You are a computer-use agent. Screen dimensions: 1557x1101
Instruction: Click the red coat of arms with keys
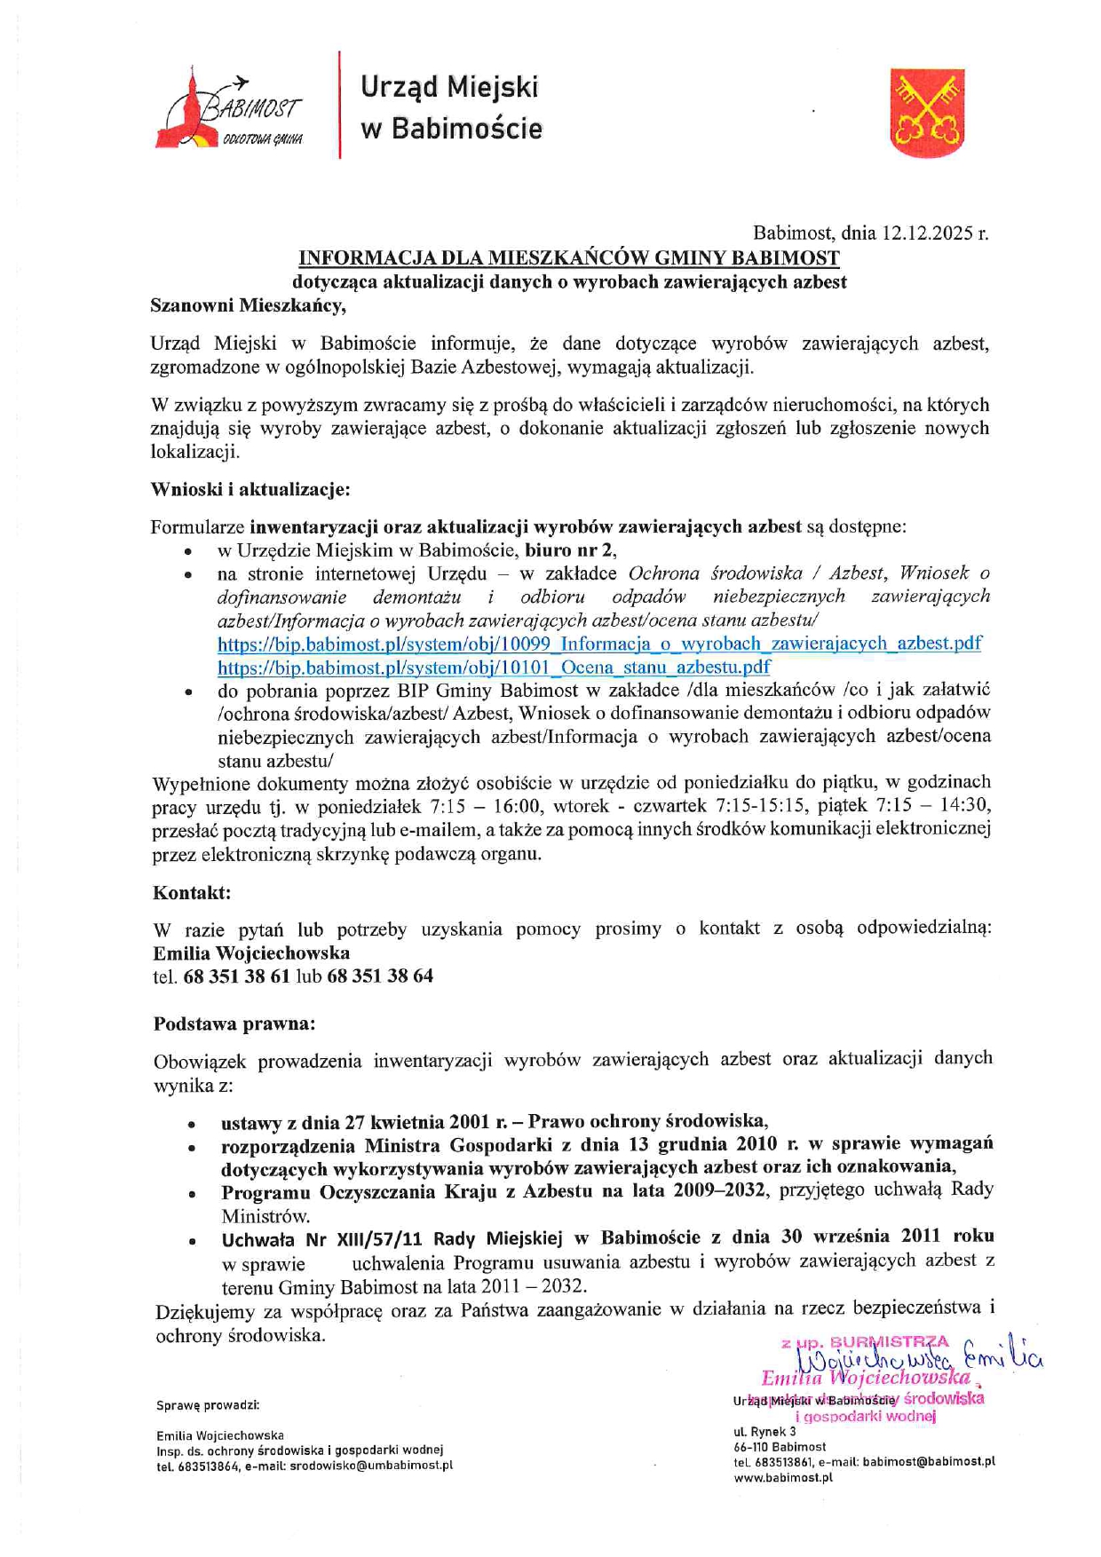[x=927, y=114]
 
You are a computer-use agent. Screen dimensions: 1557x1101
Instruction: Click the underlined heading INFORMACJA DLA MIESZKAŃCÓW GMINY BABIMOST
[x=569, y=258]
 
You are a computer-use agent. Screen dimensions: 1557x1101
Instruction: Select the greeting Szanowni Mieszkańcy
[x=248, y=305]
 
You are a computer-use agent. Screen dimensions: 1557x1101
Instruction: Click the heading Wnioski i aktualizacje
[x=250, y=489]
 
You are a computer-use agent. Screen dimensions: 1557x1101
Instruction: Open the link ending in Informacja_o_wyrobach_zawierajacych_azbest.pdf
[x=599, y=644]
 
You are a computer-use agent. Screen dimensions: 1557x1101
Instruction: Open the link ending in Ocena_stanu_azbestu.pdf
[x=494, y=667]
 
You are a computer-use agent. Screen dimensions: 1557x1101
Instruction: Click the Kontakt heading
[x=192, y=892]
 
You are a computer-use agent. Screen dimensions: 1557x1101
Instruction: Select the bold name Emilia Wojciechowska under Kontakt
[x=251, y=953]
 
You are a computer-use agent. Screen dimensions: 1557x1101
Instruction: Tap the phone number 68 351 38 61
[x=237, y=976]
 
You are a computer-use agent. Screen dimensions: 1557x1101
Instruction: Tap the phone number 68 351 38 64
[x=380, y=976]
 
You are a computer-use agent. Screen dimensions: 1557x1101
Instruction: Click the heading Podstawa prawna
[x=234, y=1024]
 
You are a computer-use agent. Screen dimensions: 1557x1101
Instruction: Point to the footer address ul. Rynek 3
[x=764, y=1432]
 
